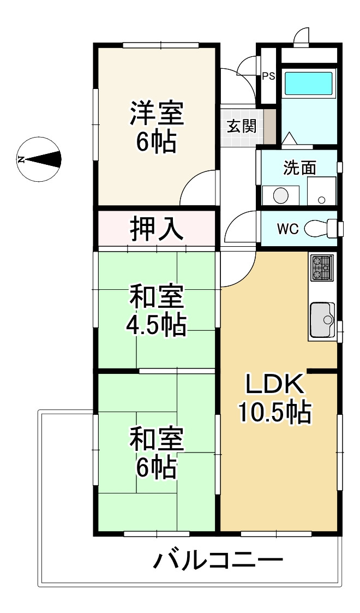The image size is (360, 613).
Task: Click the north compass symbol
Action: [38, 159]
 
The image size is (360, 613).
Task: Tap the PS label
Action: [268, 76]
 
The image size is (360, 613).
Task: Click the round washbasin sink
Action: [281, 195]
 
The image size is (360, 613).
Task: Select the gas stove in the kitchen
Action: [322, 268]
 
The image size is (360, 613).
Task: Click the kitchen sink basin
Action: [322, 319]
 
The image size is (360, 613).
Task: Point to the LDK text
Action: [273, 385]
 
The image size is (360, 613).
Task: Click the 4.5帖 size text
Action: [156, 325]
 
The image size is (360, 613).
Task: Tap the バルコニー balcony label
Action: [218, 561]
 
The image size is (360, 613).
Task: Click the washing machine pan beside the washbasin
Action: [321, 191]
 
